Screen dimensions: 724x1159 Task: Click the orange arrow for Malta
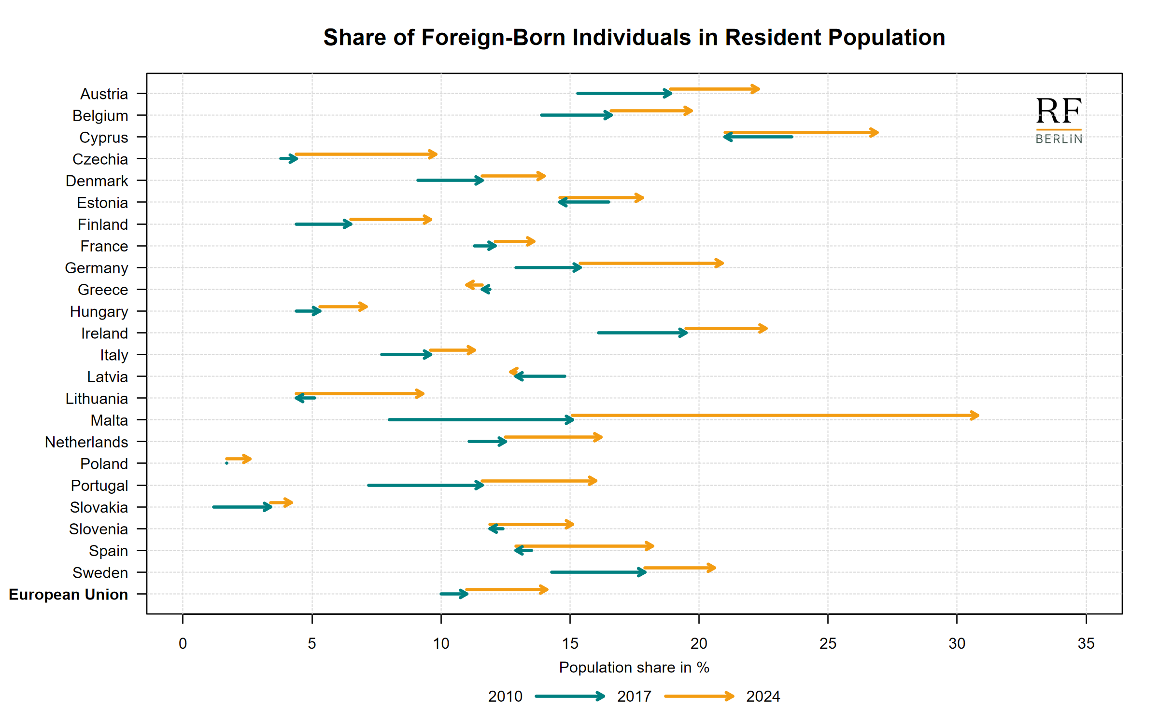pyautogui.click(x=775, y=415)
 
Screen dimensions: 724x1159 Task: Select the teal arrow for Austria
pyautogui.click(x=624, y=93)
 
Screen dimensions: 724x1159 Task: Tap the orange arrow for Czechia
pyautogui.click(x=366, y=154)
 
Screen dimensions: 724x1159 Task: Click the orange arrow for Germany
pyautogui.click(x=651, y=264)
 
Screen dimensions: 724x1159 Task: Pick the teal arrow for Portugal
pyautogui.click(x=425, y=485)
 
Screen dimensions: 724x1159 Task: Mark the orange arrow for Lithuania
pyautogui.click(x=359, y=394)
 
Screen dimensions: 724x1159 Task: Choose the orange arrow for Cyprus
pyautogui.click(x=801, y=132)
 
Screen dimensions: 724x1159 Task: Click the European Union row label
pyautogui.click(x=69, y=594)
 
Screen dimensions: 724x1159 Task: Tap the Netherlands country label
pyautogui.click(x=86, y=442)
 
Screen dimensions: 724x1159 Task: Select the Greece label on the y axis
pyautogui.click(x=103, y=290)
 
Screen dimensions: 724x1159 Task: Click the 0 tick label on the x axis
pyautogui.click(x=183, y=643)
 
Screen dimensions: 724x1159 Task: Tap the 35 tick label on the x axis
pyautogui.click(x=1086, y=643)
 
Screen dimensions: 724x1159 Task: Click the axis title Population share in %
pyautogui.click(x=634, y=668)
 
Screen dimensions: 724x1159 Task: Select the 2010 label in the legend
pyautogui.click(x=505, y=696)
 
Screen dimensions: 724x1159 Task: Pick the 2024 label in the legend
pyautogui.click(x=763, y=696)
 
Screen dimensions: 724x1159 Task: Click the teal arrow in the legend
pyautogui.click(x=570, y=696)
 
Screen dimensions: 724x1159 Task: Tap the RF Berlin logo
pyautogui.click(x=1059, y=120)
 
